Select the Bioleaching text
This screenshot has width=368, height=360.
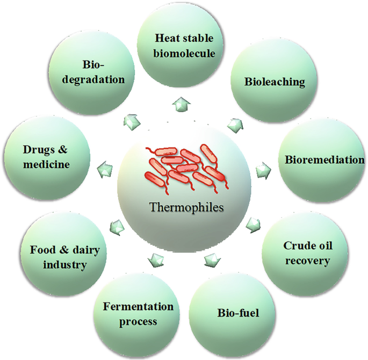(x=275, y=82)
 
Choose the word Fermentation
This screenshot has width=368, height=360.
(x=138, y=307)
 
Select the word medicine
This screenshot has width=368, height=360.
(x=46, y=164)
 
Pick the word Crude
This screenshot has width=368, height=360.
(x=297, y=246)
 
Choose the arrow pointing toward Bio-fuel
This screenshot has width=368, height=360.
(x=212, y=260)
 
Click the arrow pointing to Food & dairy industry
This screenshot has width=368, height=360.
(x=116, y=227)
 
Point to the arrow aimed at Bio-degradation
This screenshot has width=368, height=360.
(x=129, y=121)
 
